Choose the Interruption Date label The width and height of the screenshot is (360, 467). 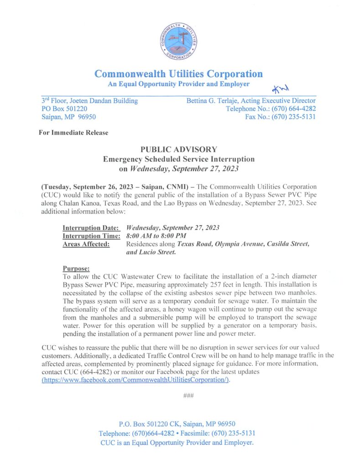(91, 227)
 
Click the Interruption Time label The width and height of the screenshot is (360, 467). (91, 236)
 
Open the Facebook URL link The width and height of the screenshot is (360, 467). (136, 379)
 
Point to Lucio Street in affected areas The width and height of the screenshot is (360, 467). (159, 252)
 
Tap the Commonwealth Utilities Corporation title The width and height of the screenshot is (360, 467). (178, 74)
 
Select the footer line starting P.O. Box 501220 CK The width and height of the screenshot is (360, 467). (177, 424)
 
